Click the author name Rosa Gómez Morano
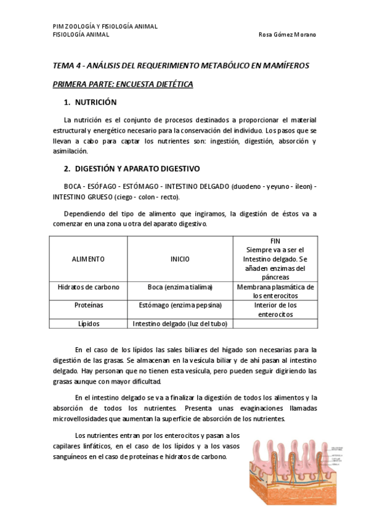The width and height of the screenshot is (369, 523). [x=287, y=35]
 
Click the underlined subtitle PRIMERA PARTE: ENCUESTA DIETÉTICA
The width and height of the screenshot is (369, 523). [x=123, y=84]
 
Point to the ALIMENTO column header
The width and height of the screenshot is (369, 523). [x=88, y=259]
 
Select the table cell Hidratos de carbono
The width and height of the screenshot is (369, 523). [x=88, y=287]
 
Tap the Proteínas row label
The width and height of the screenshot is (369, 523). [x=88, y=305]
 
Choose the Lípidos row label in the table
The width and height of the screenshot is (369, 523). [x=88, y=323]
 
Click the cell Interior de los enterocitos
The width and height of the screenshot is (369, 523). [x=275, y=309]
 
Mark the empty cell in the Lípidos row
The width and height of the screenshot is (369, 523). [x=275, y=323]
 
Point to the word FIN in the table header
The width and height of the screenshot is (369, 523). [x=275, y=241]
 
